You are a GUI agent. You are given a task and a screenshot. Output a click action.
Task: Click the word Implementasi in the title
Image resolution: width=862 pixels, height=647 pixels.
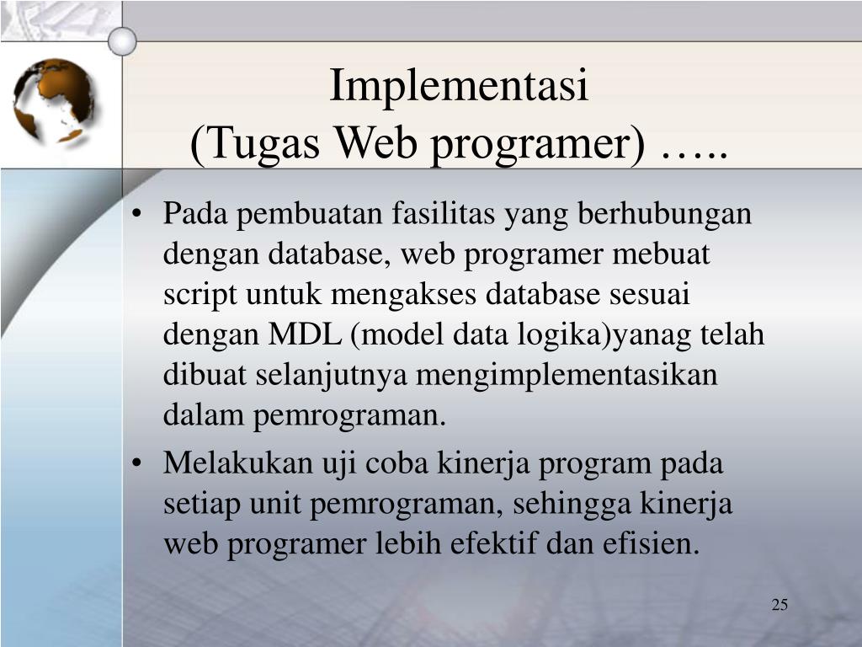pyautogui.click(x=458, y=87)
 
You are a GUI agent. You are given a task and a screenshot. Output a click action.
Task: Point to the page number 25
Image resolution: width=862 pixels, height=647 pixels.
pyautogui.click(x=779, y=605)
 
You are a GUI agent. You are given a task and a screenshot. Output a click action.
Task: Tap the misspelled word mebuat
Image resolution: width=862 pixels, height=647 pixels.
pyautogui.click(x=669, y=254)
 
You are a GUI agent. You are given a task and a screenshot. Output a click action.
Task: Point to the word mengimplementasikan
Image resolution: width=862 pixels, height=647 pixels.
pyautogui.click(x=567, y=375)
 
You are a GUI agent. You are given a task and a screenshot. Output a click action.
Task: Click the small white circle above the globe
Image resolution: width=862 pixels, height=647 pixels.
pyautogui.click(x=123, y=40)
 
